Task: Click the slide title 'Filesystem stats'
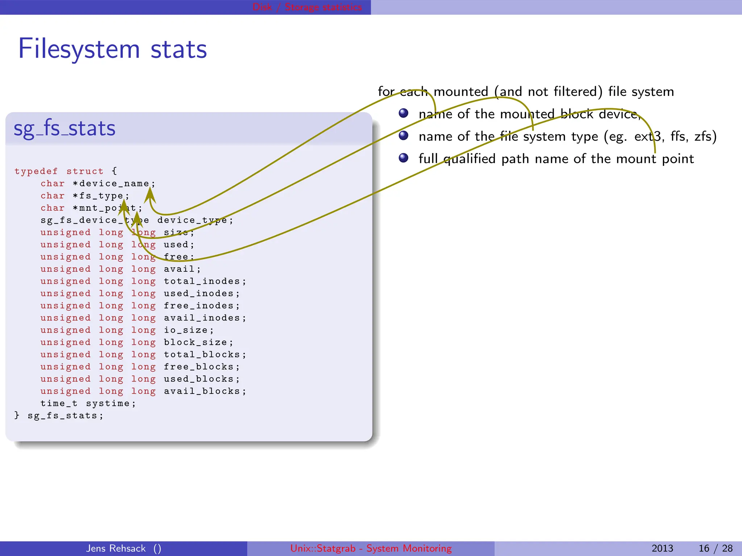tap(112, 49)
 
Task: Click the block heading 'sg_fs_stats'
tap(64, 129)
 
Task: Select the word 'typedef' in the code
tap(36, 171)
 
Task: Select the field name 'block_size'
tap(196, 342)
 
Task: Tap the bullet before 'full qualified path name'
tap(403, 158)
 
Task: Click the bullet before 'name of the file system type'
tap(403, 136)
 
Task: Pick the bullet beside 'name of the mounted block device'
tap(403, 113)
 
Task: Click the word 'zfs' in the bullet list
tap(705, 136)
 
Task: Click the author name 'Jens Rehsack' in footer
tap(116, 548)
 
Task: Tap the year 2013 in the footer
tap(662, 548)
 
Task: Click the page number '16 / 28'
tap(715, 548)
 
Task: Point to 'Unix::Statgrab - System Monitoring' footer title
tap(371, 548)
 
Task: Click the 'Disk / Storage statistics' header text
tap(307, 7)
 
